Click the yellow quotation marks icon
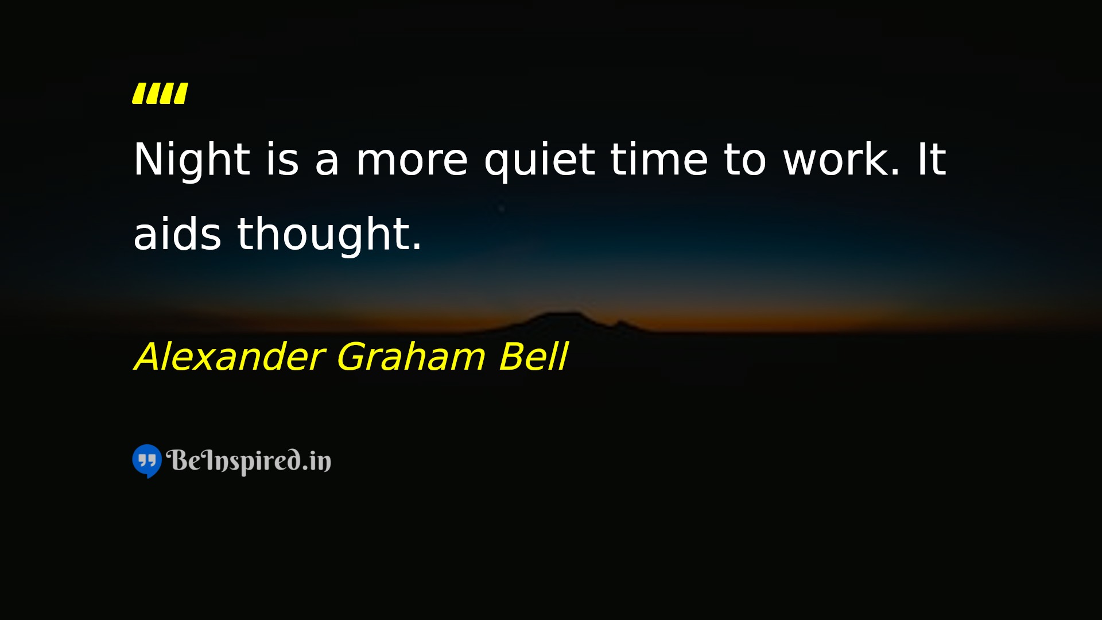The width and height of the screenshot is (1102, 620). [160, 94]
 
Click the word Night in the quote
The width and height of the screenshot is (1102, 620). [192, 160]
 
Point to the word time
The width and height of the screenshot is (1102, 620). [659, 159]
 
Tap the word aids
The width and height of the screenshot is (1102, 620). [177, 234]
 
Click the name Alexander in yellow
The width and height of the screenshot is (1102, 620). [230, 356]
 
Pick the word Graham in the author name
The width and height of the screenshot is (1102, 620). [411, 356]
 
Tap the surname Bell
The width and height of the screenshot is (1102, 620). [533, 356]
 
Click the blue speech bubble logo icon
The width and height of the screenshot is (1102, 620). [147, 461]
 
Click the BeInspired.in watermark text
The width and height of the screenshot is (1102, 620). [249, 461]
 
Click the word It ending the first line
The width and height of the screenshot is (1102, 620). [932, 159]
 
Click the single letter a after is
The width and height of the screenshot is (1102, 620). [327, 164]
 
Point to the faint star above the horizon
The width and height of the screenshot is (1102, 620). [502, 208]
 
